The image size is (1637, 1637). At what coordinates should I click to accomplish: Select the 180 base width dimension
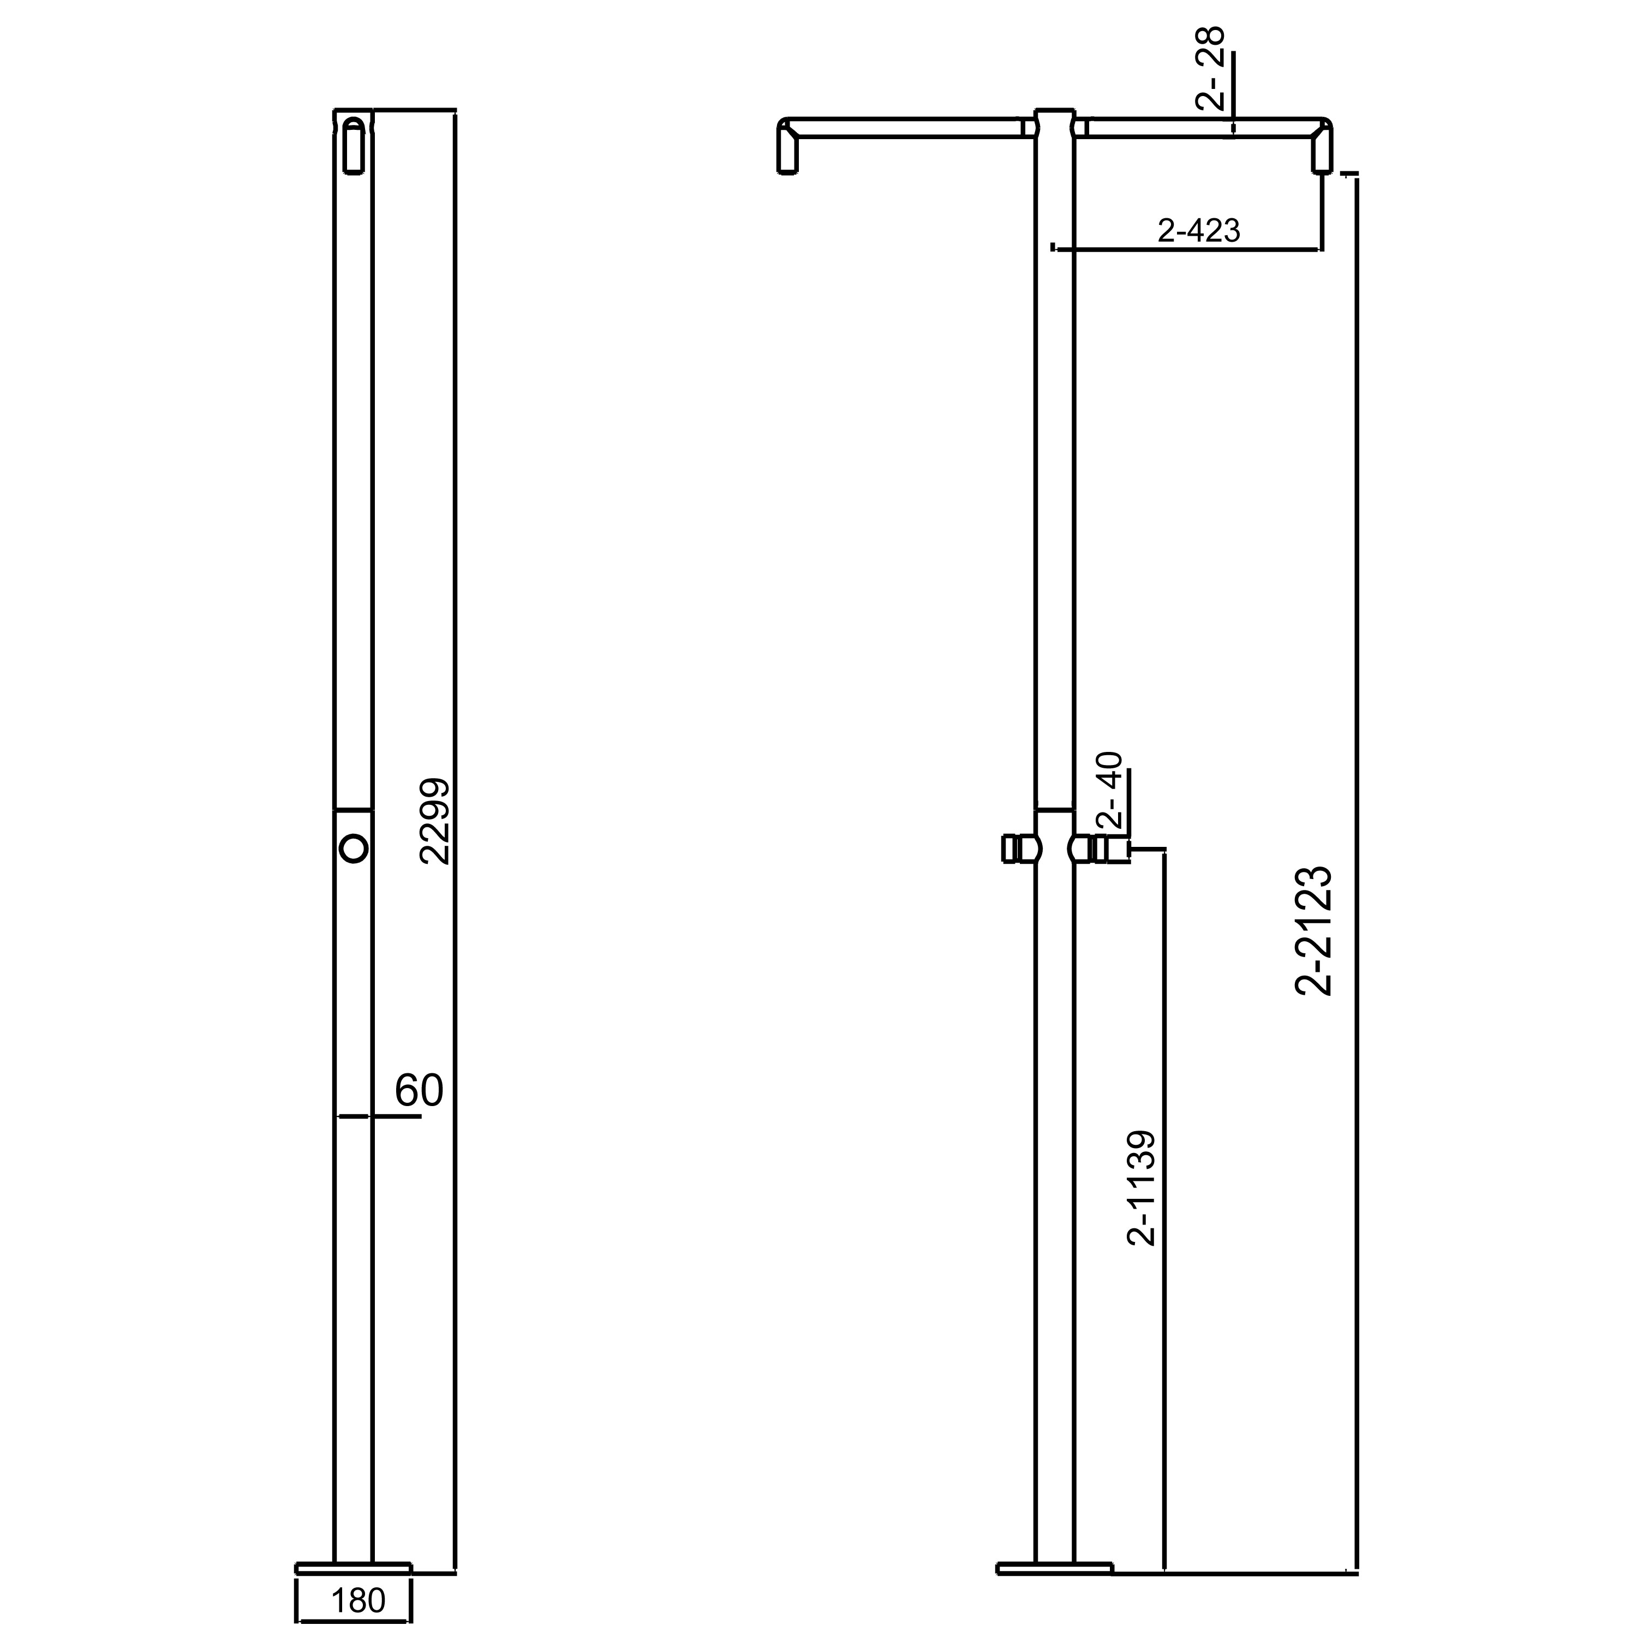tap(357, 1600)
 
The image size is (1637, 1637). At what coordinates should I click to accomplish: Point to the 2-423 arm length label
tap(1198, 230)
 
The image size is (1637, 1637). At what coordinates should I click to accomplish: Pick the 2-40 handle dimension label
tap(1109, 790)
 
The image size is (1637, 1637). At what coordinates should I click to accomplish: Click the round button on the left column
tap(354, 847)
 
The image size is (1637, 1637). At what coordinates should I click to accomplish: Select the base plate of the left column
tap(354, 1567)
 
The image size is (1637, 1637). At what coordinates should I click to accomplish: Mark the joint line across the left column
tap(354, 809)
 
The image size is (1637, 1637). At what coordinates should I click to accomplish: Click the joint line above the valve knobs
tap(1055, 809)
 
